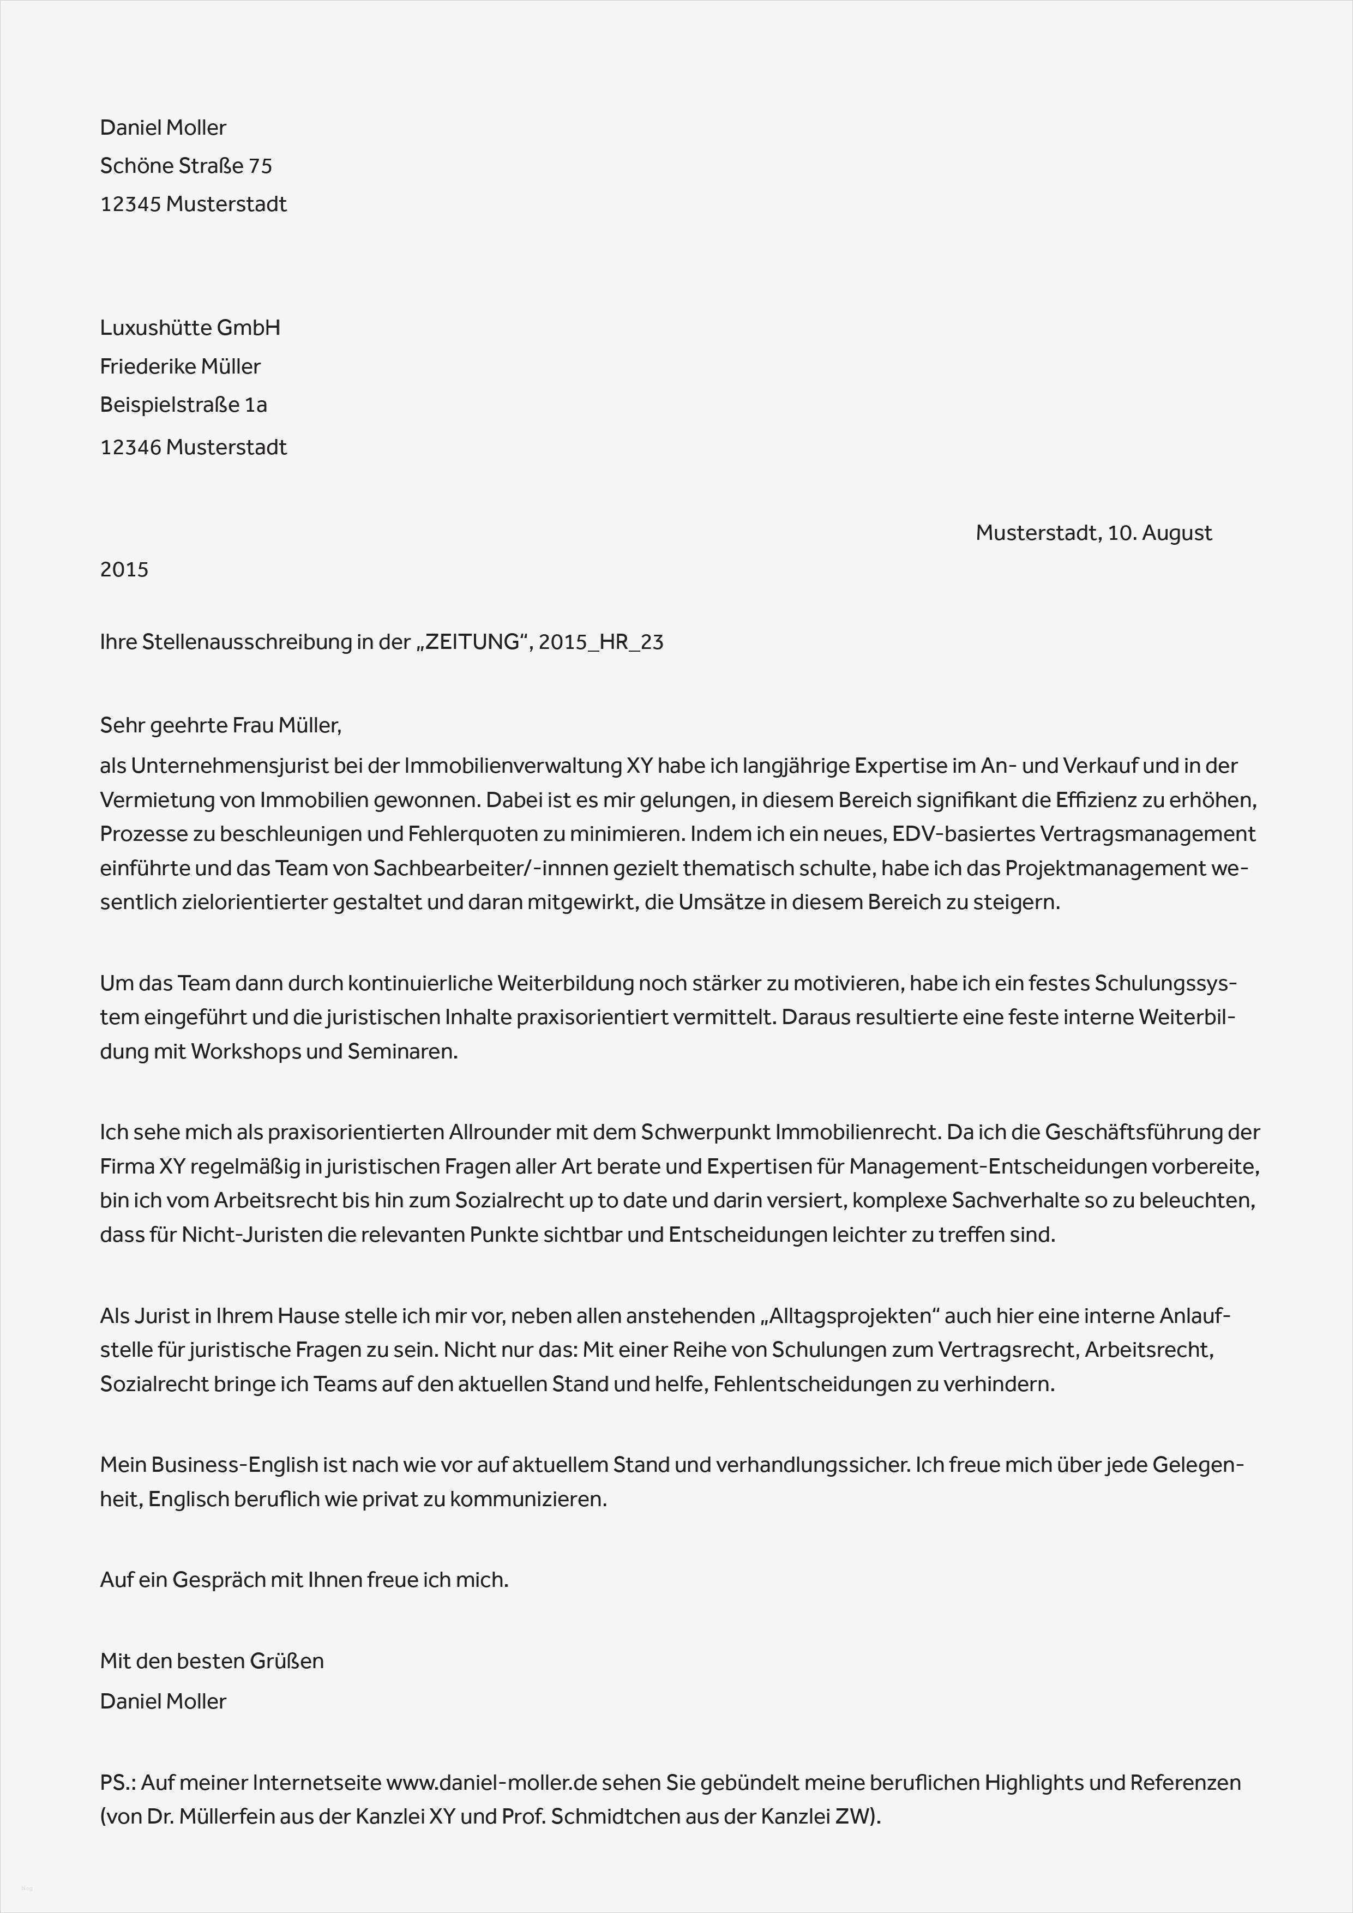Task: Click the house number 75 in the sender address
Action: click(260, 166)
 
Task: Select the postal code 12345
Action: click(130, 204)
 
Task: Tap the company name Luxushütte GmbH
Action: click(190, 327)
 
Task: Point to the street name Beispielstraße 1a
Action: click(183, 405)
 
